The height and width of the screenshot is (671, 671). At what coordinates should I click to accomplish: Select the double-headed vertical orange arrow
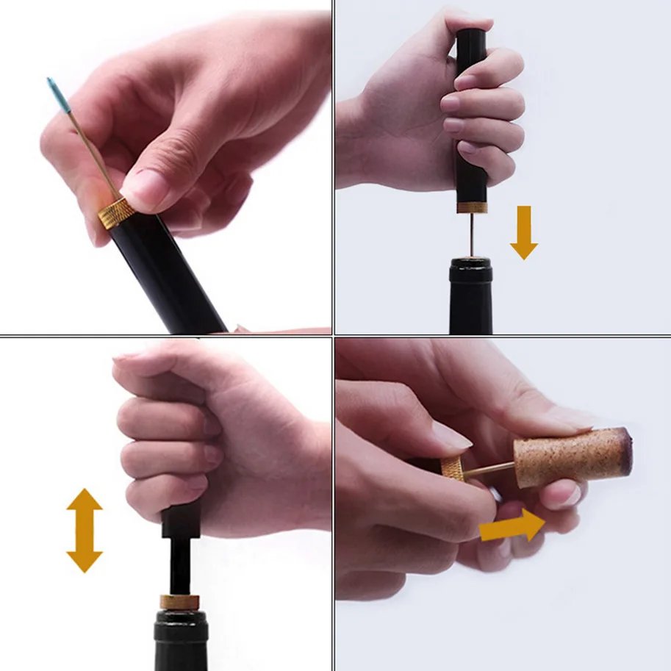tap(85, 530)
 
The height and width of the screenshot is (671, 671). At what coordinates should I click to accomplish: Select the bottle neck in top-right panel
tap(470, 298)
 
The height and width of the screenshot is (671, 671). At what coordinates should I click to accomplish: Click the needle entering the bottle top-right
tap(472, 235)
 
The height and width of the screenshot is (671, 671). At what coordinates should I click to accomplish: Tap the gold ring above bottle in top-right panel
tap(471, 207)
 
